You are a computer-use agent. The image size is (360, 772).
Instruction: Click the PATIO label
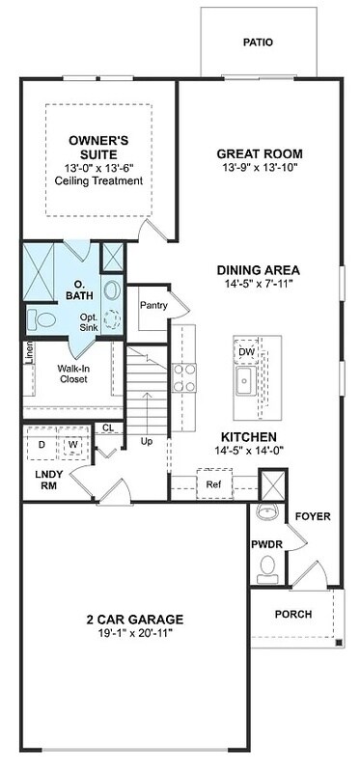[258, 42]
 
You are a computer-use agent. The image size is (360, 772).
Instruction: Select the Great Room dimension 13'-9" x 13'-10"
[259, 168]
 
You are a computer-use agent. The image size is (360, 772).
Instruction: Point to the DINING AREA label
[259, 269]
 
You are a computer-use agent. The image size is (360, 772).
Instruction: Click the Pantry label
[153, 306]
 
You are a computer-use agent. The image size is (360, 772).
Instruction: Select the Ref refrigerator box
[213, 483]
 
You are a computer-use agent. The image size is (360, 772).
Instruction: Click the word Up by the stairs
[147, 441]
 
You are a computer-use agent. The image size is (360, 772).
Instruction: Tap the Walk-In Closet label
[72, 373]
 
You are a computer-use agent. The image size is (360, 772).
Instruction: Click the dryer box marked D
[42, 444]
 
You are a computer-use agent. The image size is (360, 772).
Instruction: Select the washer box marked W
[72, 444]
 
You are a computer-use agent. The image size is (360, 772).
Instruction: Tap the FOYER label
[313, 516]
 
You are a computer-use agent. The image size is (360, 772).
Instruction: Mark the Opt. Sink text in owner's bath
[89, 323]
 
